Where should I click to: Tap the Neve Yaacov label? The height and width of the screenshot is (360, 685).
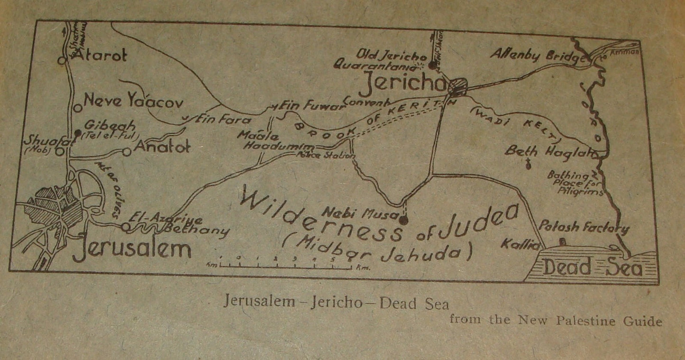click(133, 101)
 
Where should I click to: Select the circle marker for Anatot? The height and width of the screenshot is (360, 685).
click(127, 152)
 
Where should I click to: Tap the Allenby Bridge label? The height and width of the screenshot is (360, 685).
click(536, 56)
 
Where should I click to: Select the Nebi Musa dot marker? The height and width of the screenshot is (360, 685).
click(403, 220)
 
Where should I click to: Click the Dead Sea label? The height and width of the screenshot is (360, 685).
click(593, 268)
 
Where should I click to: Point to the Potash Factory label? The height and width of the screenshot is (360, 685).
click(584, 227)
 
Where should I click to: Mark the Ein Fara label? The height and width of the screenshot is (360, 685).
click(221, 120)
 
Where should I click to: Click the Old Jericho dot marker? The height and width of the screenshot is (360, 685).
click(432, 66)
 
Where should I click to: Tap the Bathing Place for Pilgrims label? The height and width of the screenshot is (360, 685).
click(575, 183)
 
